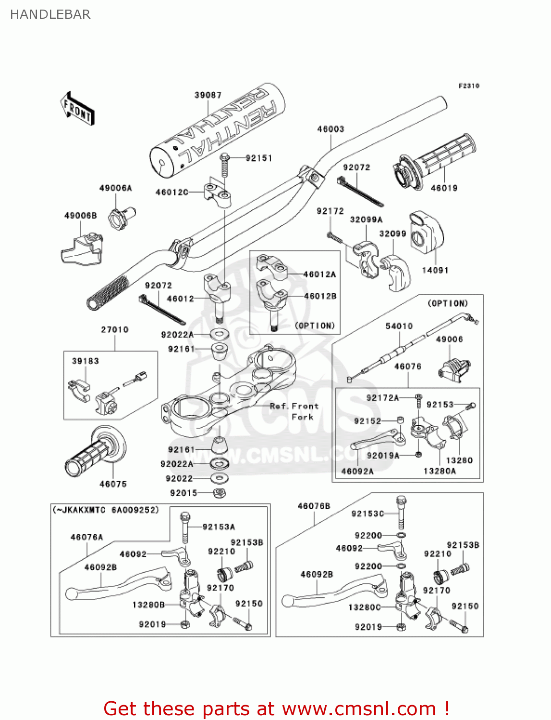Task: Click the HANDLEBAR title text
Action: [x=50, y=14]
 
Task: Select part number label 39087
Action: [x=208, y=95]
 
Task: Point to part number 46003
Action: [x=330, y=129]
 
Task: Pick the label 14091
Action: [x=435, y=270]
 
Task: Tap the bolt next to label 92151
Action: [x=224, y=166]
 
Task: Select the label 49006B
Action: [x=80, y=216]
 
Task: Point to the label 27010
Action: [x=114, y=330]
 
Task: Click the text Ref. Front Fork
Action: [x=294, y=411]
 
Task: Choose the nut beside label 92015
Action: [x=219, y=492]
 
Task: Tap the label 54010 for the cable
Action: [x=399, y=326]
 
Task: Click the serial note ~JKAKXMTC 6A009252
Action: [x=106, y=510]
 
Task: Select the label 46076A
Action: [x=86, y=537]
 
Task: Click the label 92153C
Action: [x=367, y=514]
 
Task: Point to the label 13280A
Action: [x=439, y=471]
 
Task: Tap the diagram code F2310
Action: [x=468, y=86]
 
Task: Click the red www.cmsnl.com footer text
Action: [x=276, y=708]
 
